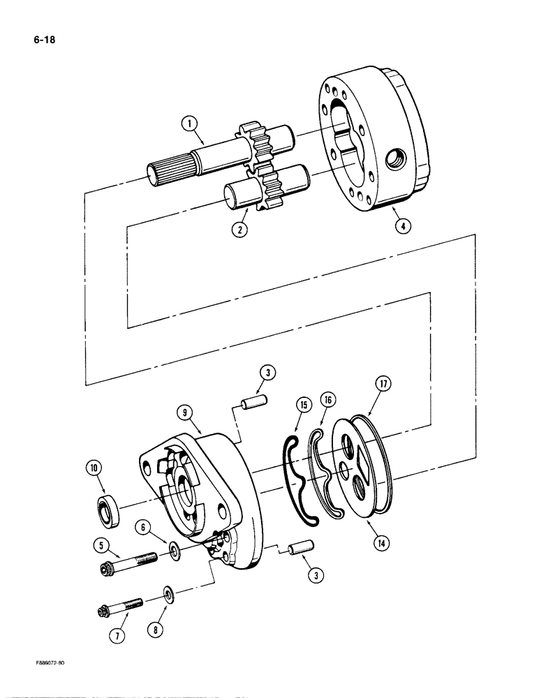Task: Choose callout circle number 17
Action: point(384,384)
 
